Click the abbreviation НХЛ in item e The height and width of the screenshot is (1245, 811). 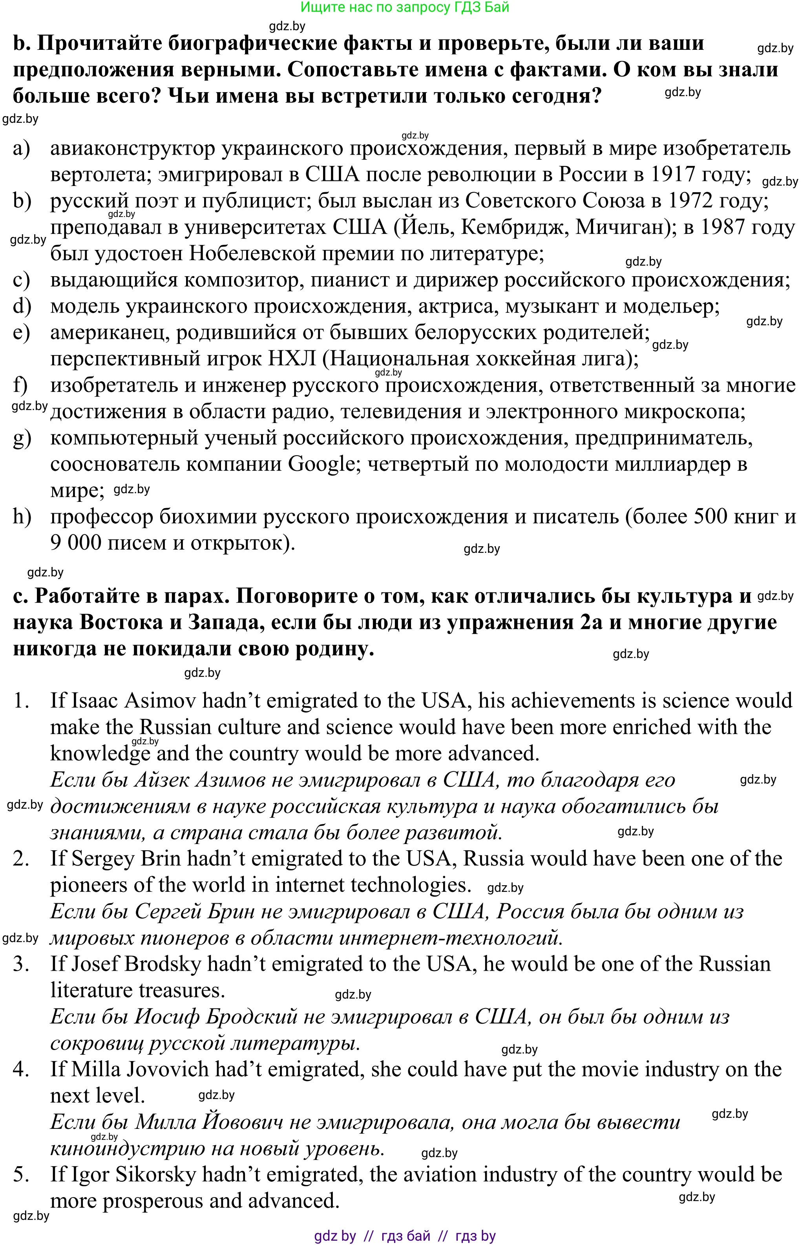[292, 359]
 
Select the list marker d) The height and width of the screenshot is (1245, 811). [22, 306]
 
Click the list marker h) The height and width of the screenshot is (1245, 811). [22, 516]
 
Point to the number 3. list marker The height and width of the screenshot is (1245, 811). [21, 964]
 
